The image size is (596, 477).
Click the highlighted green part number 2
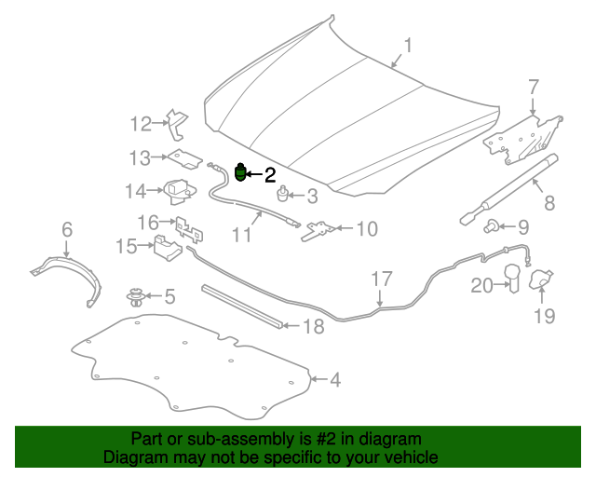pos(240,172)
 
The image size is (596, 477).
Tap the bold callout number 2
pos(270,175)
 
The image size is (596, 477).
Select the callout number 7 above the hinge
pos(534,87)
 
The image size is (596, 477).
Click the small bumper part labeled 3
pos(281,194)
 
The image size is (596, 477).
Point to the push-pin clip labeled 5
pos(135,296)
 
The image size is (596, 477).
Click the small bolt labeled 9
pos(491,226)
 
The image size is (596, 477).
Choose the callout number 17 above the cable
pos(381,279)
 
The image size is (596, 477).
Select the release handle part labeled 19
pos(541,279)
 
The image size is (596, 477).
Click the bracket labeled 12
pos(177,124)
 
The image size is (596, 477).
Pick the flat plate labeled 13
pos(185,158)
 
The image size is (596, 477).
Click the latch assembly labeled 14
pos(180,192)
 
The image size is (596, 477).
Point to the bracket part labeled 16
pos(189,230)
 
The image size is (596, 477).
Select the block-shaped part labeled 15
pos(168,248)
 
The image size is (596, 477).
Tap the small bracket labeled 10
pos(318,231)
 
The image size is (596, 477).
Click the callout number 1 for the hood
pos(408,46)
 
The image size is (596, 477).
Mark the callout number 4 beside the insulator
pos(335,380)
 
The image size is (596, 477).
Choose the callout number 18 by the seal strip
pos(314,327)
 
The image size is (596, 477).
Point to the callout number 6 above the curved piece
pos(67,230)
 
